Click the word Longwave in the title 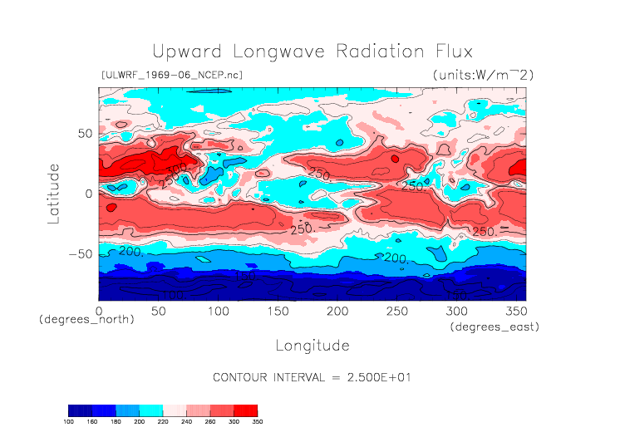point(278,52)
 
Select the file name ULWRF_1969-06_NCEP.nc point(171,76)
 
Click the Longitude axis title point(312,345)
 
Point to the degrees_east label point(495,327)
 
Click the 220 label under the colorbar point(163,422)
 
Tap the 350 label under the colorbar point(257,422)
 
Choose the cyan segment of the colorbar point(151,410)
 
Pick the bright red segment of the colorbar point(246,410)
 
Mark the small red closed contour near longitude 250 point(395,157)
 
